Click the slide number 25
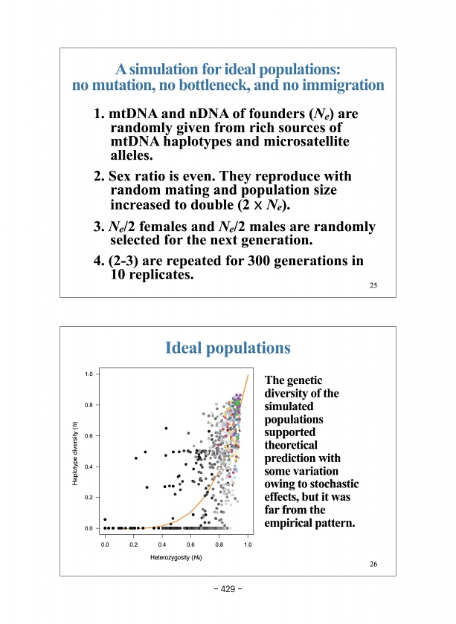coord(373,287)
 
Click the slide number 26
coord(373,565)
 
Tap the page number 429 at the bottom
coord(228,591)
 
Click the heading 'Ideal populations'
coord(228,348)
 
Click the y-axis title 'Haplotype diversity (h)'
coord(74,453)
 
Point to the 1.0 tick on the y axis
coord(88,374)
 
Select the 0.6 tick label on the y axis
coord(88,435)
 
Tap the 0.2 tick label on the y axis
coord(88,497)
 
